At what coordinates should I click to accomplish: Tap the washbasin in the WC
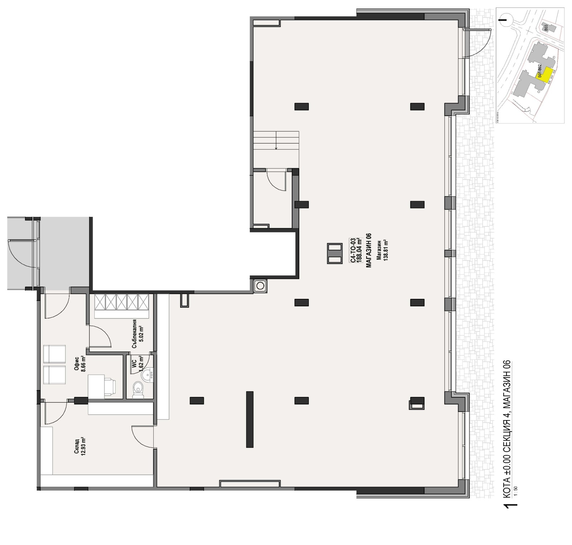point(147,375)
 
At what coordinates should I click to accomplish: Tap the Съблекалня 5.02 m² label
point(137,334)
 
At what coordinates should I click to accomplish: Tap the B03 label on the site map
point(545,28)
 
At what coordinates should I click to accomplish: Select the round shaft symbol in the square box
point(260,286)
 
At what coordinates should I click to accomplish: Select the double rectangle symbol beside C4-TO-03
point(335,254)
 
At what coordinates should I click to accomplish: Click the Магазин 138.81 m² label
point(382,250)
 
